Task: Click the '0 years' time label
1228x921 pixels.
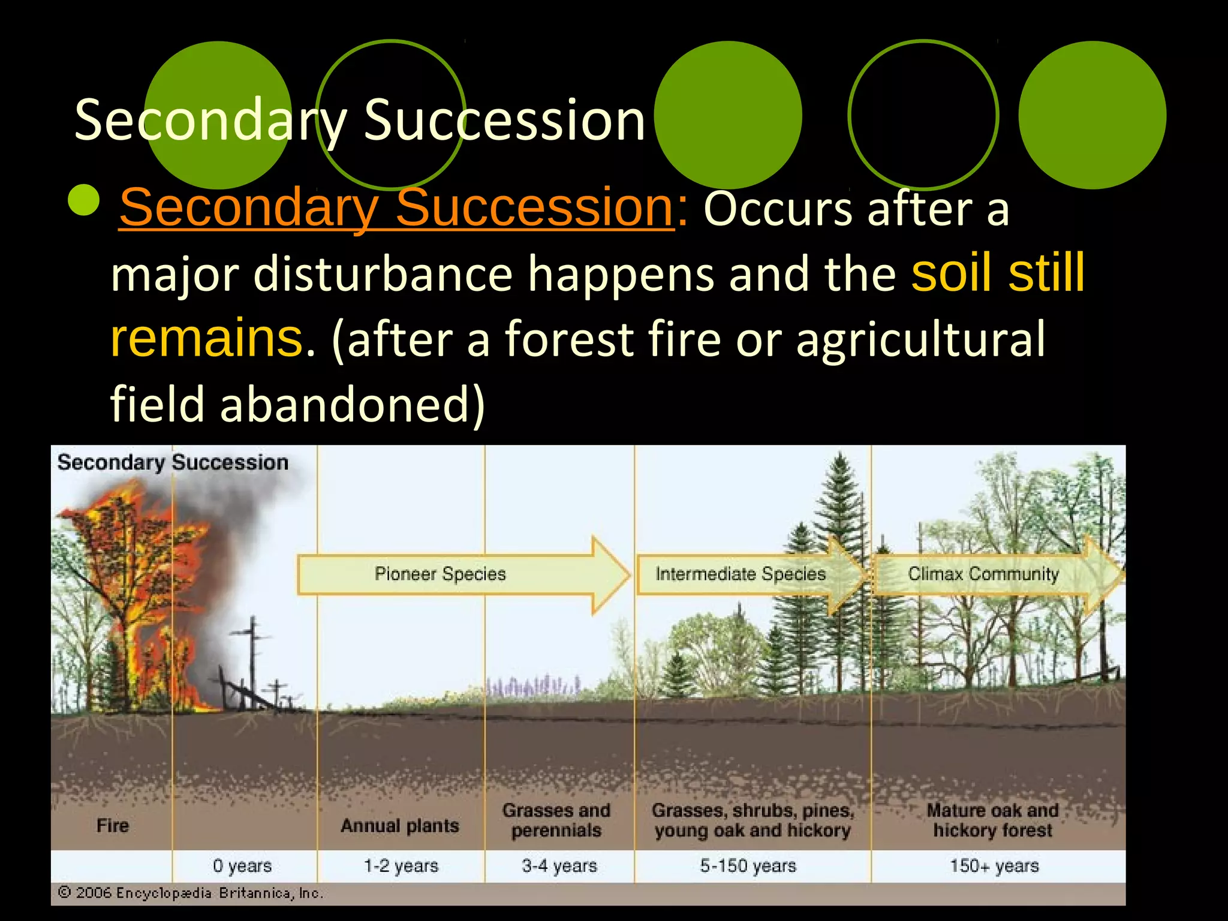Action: [x=242, y=866]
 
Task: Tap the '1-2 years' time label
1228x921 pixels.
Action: [x=401, y=866]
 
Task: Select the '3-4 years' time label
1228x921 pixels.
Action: [x=559, y=866]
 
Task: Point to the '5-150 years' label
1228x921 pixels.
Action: [x=748, y=866]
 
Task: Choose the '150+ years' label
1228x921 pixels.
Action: [x=994, y=866]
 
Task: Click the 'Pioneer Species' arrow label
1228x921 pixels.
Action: [x=440, y=574]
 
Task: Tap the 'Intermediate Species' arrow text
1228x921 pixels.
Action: [x=741, y=574]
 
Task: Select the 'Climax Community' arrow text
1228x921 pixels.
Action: [x=983, y=574]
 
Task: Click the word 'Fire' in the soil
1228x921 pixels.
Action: [x=113, y=826]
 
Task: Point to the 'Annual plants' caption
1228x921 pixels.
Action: [x=400, y=826]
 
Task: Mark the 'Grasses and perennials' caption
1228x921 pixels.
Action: [x=556, y=820]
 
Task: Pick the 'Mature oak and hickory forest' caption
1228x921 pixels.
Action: [x=992, y=820]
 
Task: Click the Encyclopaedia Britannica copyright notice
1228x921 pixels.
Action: [x=191, y=893]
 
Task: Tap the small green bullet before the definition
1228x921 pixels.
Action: [x=84, y=200]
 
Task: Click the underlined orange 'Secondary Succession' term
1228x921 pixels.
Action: [x=397, y=207]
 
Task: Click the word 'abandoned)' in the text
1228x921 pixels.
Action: [x=353, y=404]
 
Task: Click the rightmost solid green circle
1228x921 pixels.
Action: [x=1092, y=115]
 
